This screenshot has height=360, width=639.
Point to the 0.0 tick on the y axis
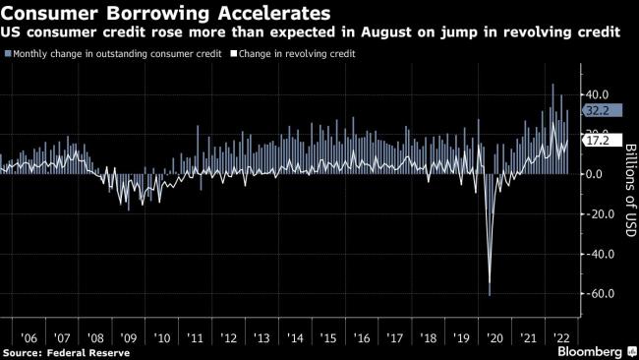pos(599,174)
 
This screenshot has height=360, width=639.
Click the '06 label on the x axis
pos(30,336)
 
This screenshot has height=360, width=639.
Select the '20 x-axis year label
pos(492,336)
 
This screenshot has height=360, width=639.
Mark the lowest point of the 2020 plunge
pos(490,294)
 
